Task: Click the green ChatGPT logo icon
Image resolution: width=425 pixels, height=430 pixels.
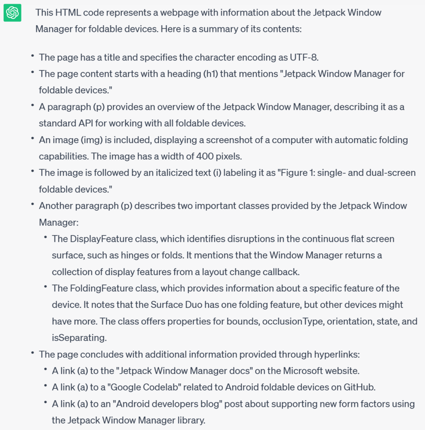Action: (12, 13)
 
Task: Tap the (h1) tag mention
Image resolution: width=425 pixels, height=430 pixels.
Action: (208, 74)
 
